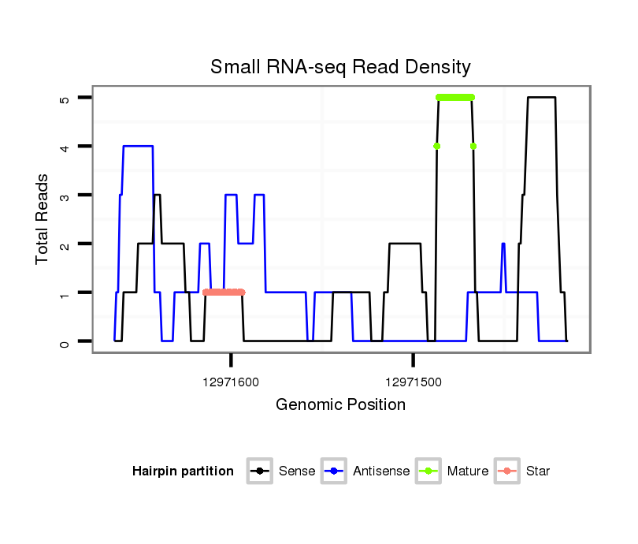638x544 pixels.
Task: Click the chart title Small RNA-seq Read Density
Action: [340, 67]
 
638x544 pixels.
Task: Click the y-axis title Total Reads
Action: [43, 219]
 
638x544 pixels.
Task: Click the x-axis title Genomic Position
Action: [340, 405]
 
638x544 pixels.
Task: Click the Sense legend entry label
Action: [297, 471]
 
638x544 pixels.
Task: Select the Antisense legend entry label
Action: [381, 471]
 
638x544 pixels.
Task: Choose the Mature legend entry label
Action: [468, 471]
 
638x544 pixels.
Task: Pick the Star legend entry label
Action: [538, 471]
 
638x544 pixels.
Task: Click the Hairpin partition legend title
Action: [183, 471]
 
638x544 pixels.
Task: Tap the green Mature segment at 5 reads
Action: [455, 97]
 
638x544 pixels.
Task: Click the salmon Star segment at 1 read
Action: [224, 292]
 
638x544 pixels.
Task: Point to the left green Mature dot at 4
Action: [436, 146]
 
